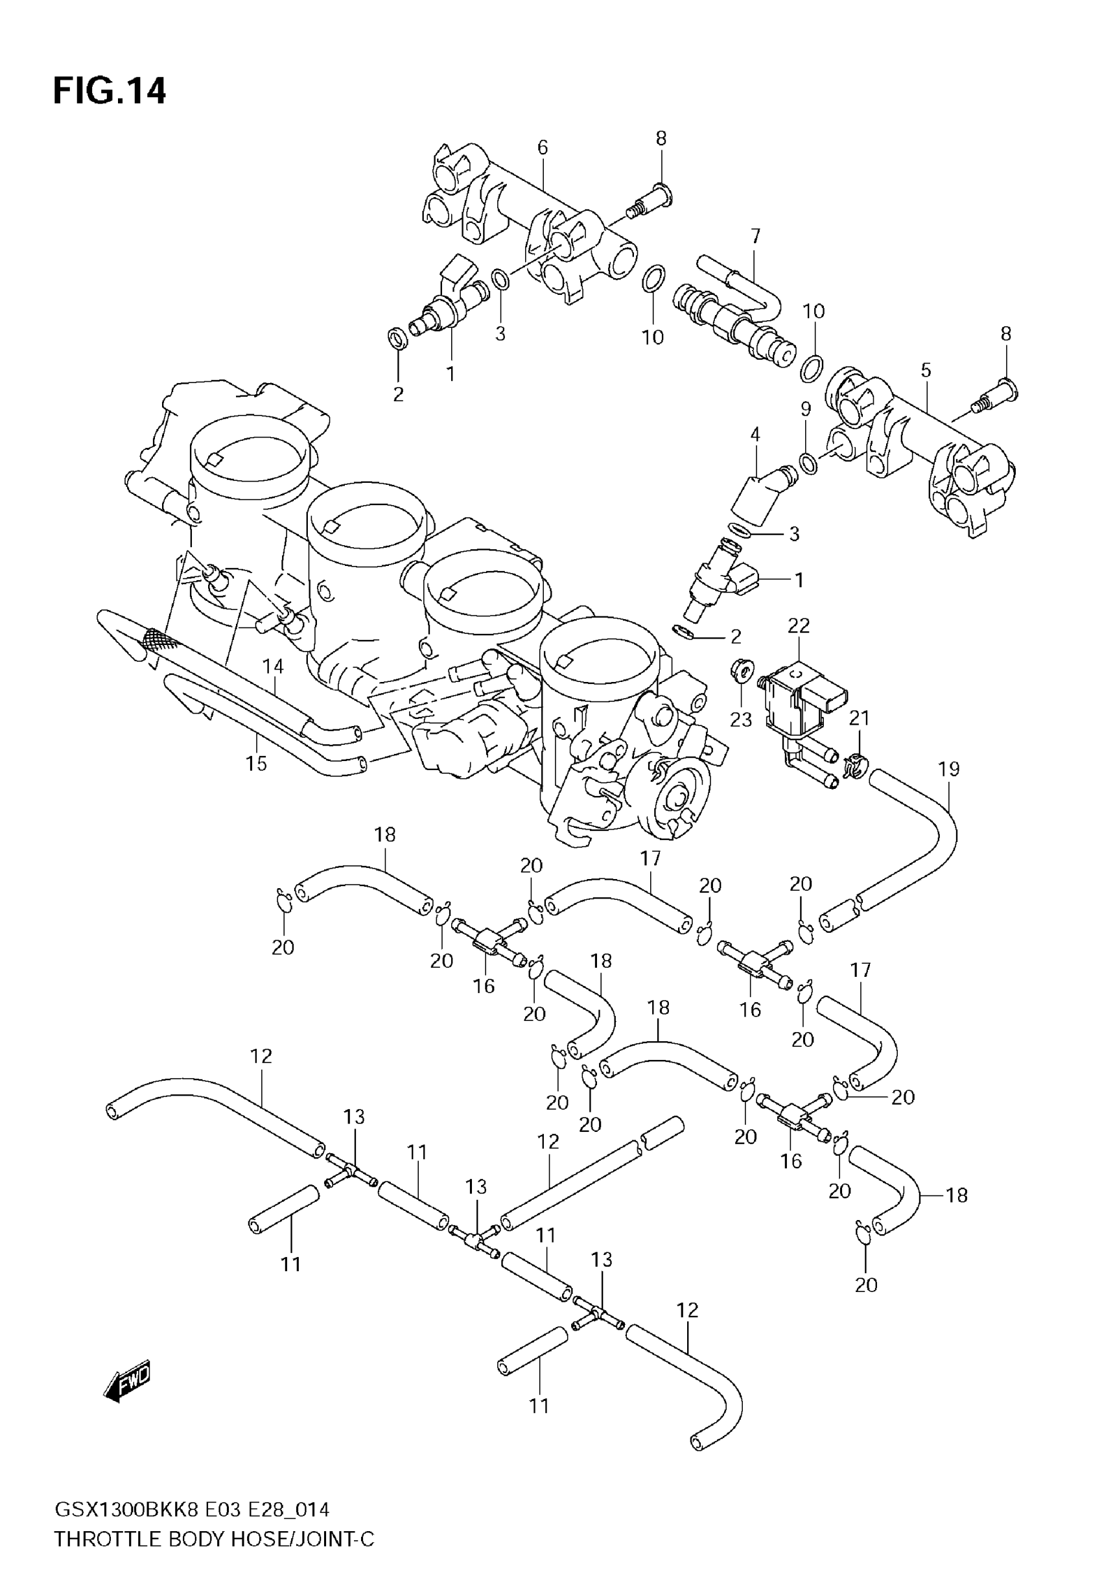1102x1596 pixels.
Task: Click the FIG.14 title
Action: click(x=109, y=91)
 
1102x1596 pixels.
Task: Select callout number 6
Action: click(x=542, y=147)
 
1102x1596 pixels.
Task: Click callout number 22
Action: click(x=798, y=626)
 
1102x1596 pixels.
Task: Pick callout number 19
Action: click(x=949, y=769)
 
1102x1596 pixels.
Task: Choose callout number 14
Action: click(x=273, y=666)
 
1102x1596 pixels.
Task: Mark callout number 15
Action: click(x=255, y=764)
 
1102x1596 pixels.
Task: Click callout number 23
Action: click(x=740, y=720)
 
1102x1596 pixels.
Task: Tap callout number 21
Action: click(x=859, y=719)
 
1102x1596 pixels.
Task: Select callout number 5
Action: click(x=925, y=370)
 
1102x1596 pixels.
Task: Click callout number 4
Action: click(x=755, y=435)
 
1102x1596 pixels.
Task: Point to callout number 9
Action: click(x=805, y=409)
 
